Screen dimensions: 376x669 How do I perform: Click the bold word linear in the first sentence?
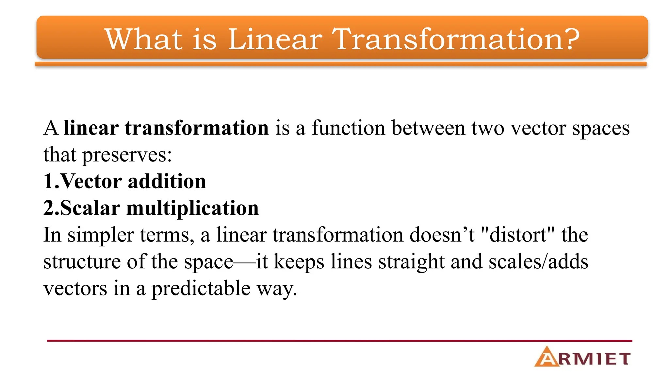click(91, 128)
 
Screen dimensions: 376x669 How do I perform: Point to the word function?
click(348, 128)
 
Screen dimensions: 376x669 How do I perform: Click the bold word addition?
click(167, 181)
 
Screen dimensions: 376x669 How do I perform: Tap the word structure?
click(82, 262)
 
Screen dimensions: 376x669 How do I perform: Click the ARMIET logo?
click(582, 357)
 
